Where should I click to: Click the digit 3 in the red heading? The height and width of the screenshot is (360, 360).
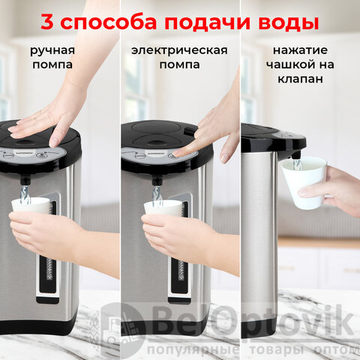(x=47, y=22)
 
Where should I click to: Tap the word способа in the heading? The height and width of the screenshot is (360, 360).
(x=109, y=22)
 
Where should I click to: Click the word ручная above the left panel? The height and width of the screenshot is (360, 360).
(x=52, y=51)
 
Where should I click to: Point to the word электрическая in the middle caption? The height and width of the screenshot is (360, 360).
(x=179, y=50)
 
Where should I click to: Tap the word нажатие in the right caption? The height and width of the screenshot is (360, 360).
(x=300, y=50)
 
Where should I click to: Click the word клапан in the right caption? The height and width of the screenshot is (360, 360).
(x=300, y=79)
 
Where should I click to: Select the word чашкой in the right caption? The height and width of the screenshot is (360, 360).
(x=290, y=64)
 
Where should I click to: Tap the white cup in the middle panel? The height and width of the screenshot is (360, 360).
(x=163, y=208)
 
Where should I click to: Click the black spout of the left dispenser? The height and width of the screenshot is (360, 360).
(x=25, y=180)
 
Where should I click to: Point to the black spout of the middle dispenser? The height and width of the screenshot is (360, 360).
(x=157, y=180)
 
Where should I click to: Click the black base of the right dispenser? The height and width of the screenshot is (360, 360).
(x=259, y=328)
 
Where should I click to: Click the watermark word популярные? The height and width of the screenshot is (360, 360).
(x=193, y=350)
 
